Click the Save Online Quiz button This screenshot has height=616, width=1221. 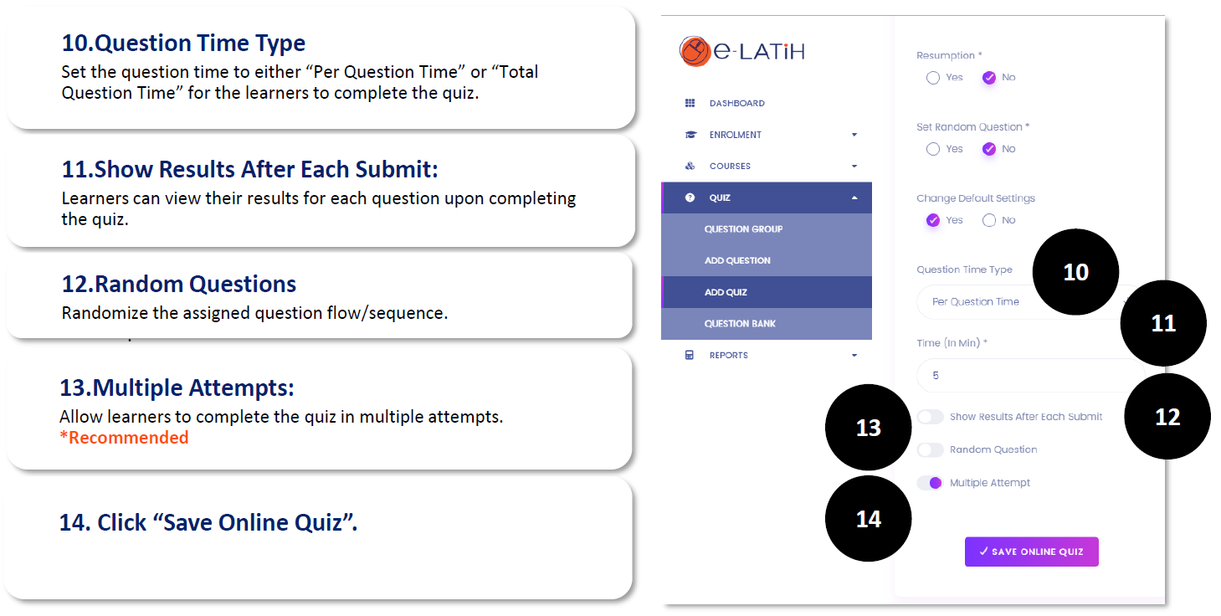(x=1031, y=552)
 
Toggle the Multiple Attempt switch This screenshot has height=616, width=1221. (x=931, y=483)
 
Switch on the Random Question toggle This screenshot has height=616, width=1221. (x=931, y=449)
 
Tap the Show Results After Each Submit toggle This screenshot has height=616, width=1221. (x=931, y=417)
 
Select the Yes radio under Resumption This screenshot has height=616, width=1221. (x=933, y=77)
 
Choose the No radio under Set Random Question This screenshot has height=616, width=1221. (x=989, y=149)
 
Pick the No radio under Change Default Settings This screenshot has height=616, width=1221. (x=989, y=220)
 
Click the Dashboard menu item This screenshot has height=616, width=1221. (x=736, y=103)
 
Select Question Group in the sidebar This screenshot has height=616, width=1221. (x=743, y=229)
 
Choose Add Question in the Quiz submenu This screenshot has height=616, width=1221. (x=737, y=260)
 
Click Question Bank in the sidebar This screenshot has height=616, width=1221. (x=740, y=324)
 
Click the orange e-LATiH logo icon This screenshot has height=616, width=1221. (x=695, y=51)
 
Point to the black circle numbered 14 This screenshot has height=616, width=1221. (x=869, y=518)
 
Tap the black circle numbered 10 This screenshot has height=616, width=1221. (x=1075, y=271)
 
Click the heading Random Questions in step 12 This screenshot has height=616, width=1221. (x=179, y=284)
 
